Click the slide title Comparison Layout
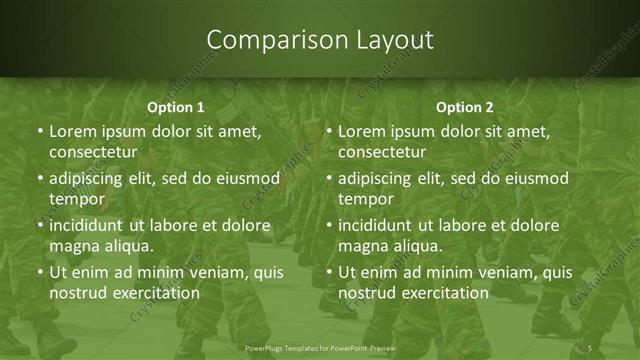click(x=320, y=40)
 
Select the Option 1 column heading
click(x=176, y=107)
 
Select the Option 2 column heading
click(x=465, y=107)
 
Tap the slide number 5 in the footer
click(x=590, y=347)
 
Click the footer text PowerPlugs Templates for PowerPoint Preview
click(x=320, y=347)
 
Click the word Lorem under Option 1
click(x=73, y=131)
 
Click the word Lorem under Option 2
click(x=362, y=131)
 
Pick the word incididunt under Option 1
click(x=91, y=225)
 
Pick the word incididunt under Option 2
click(x=380, y=225)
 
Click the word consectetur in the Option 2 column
click(x=382, y=153)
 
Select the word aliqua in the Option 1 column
click(x=129, y=246)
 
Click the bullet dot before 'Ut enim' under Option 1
click(x=39, y=272)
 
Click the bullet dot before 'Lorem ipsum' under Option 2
click(x=328, y=131)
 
